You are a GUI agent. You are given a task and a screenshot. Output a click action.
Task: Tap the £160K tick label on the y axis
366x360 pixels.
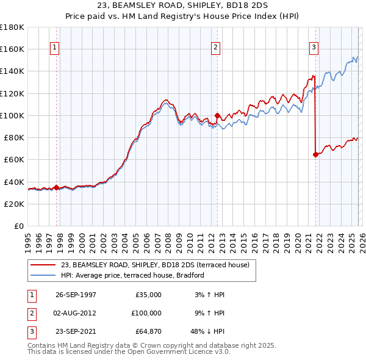pos(12,49)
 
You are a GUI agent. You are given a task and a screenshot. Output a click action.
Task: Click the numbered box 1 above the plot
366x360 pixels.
pos(55,48)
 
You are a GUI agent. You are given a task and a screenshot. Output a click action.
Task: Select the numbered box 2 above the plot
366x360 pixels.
pos(216,48)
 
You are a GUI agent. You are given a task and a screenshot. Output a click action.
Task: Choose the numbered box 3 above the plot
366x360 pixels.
pos(314,48)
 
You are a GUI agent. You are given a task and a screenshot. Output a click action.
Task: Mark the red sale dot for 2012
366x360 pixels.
pos(217,115)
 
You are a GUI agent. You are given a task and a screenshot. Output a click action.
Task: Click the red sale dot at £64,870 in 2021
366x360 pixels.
pos(315,154)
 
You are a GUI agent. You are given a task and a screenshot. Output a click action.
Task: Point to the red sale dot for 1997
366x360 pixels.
pos(57,187)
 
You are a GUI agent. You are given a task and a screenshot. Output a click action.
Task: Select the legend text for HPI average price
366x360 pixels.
pos(132,275)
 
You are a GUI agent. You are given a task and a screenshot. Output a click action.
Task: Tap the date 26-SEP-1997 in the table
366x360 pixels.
pos(76,295)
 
